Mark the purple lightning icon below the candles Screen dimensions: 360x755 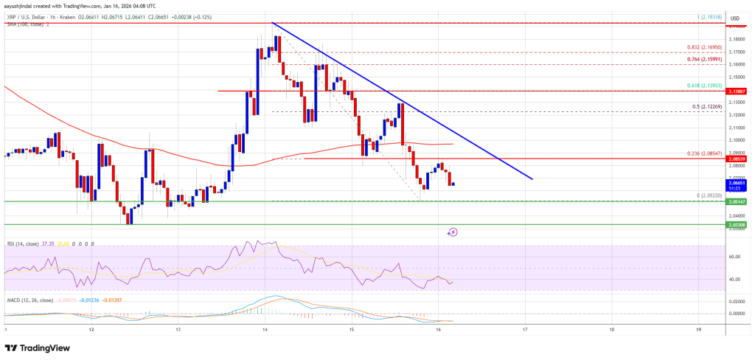[x=453, y=232]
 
